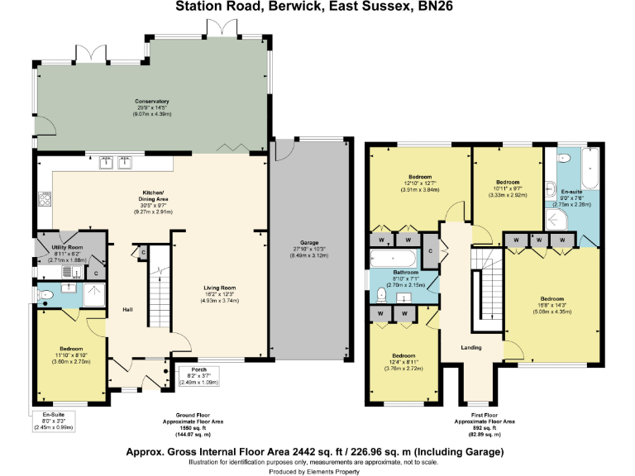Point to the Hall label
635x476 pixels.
(127, 310)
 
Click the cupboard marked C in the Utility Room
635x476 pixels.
(96, 274)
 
